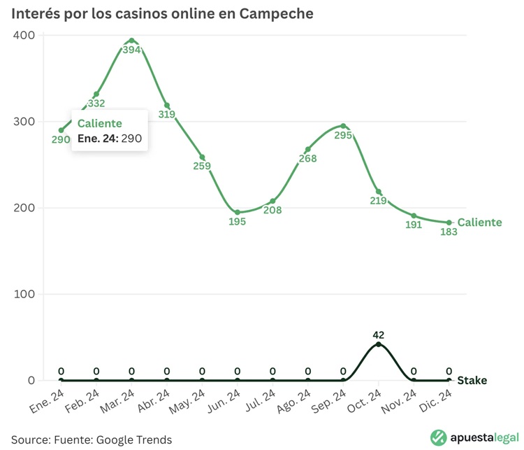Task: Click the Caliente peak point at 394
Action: (x=131, y=41)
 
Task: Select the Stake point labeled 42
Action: (x=379, y=344)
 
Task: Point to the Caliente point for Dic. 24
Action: (x=449, y=223)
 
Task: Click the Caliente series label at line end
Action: (x=479, y=223)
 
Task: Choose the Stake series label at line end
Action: (x=472, y=381)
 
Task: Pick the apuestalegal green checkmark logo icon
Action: (x=439, y=437)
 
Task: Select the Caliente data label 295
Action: (x=344, y=136)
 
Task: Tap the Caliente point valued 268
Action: (x=308, y=150)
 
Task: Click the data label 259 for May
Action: (x=202, y=167)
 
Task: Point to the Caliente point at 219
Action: (x=379, y=192)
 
